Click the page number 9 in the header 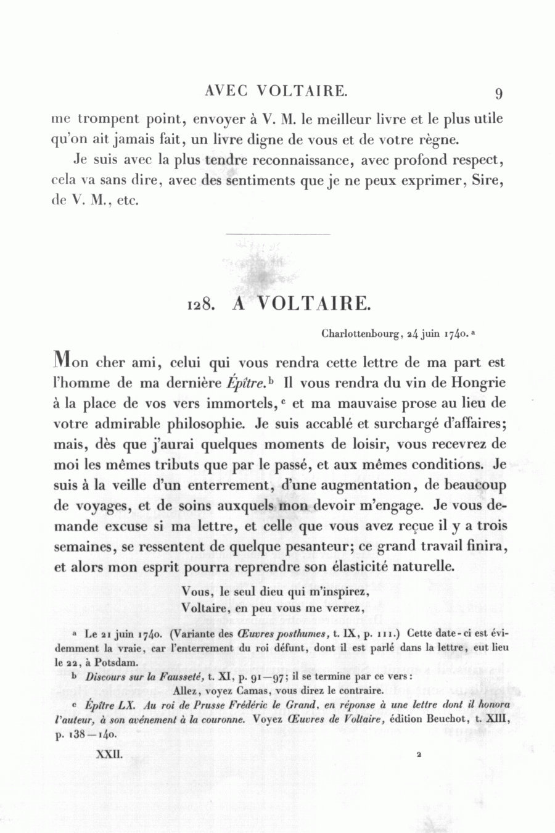(x=498, y=93)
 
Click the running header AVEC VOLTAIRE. (x=276, y=91)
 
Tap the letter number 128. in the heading (x=200, y=304)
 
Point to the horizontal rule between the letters (x=278, y=234)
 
